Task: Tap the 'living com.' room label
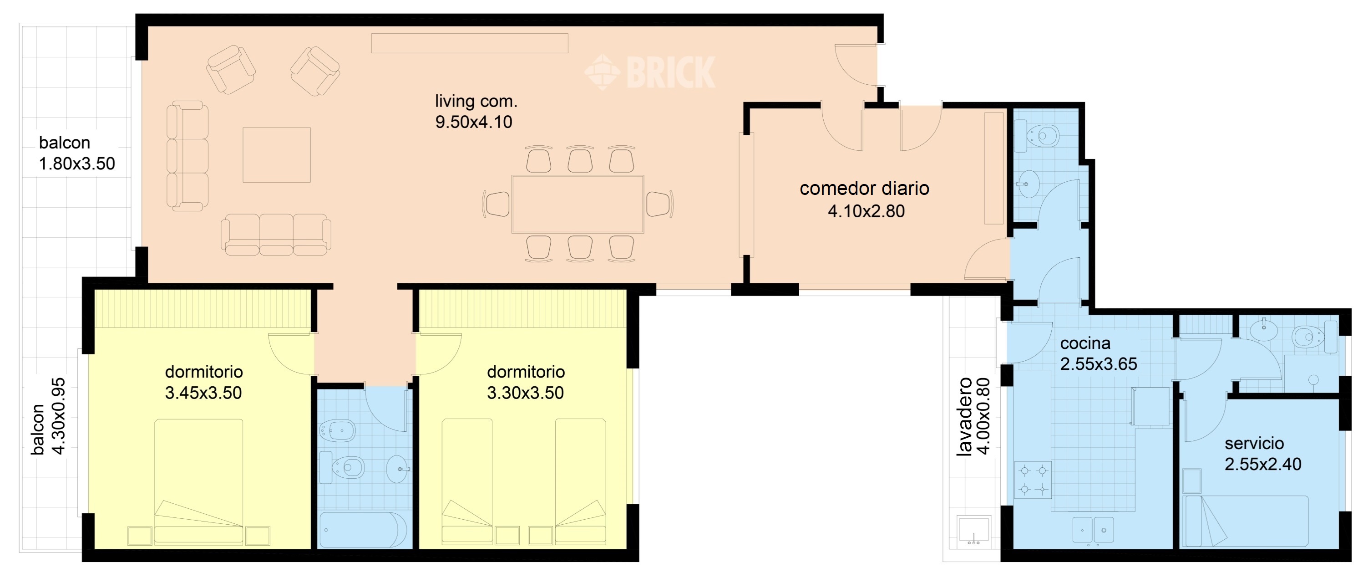pyautogui.click(x=476, y=101)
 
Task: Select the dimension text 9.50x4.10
pyautogui.click(x=474, y=122)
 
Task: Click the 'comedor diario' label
pyautogui.click(x=864, y=189)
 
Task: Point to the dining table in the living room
pyautogui.click(x=577, y=204)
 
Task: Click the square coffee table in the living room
pyautogui.click(x=276, y=154)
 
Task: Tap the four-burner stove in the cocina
pyautogui.click(x=1032, y=480)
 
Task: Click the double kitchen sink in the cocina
pyautogui.click(x=1093, y=530)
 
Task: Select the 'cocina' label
pyautogui.click(x=1084, y=343)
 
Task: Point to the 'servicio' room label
pyautogui.click(x=1254, y=443)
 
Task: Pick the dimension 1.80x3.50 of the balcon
pyautogui.click(x=77, y=164)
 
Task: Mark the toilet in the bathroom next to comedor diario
pyautogui.click(x=1042, y=136)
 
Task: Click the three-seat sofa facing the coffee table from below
pyautogui.click(x=276, y=234)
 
